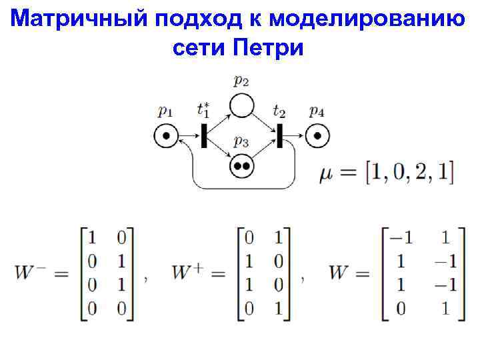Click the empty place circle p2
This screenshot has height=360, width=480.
pos(241,105)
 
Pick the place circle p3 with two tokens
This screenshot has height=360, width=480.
pos(241,165)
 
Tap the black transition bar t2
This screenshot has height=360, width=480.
pos(280,136)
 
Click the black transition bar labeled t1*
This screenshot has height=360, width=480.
pos(203,136)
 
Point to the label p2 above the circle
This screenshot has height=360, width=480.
pos(241,81)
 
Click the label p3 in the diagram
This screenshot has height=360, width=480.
pos(241,141)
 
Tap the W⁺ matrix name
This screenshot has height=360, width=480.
pos(189,273)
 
